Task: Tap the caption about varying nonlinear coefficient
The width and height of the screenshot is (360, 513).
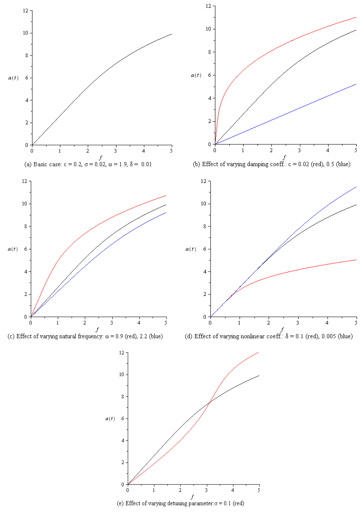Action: [274, 336]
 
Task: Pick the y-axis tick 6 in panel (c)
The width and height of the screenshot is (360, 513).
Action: [25, 249]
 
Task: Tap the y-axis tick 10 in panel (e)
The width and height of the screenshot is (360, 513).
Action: [120, 375]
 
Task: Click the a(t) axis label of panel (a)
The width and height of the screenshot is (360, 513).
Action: [13, 78]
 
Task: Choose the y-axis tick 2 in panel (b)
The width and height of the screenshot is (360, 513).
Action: [209, 121]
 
